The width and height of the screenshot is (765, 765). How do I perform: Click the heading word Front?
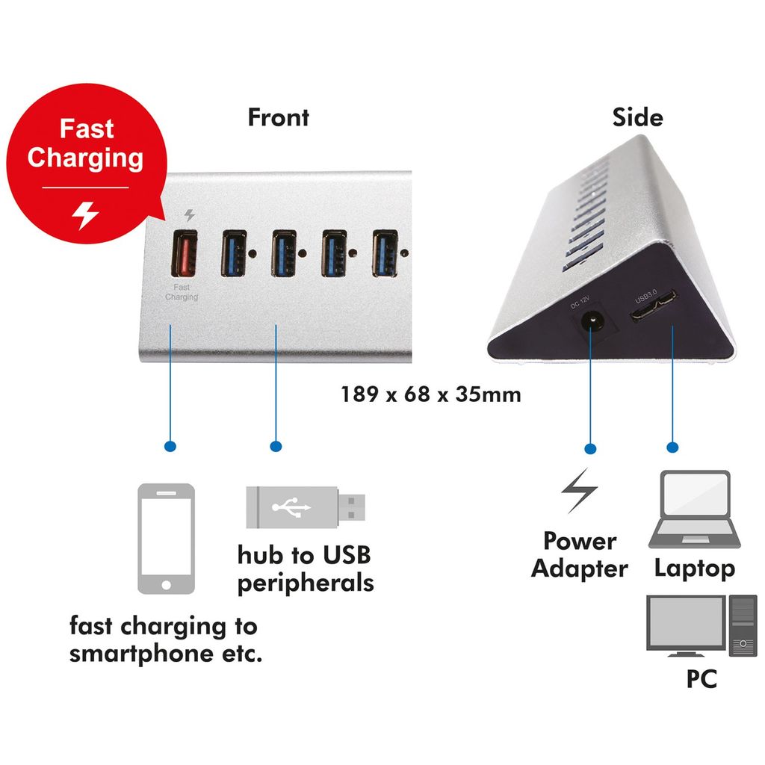pos(278,117)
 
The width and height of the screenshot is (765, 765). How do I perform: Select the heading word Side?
pos(637,117)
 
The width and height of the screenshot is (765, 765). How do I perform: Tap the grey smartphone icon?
pos(166,538)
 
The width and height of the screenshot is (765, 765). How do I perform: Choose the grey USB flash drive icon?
pos(306,507)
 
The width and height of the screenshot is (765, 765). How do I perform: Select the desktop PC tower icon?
pos(743,625)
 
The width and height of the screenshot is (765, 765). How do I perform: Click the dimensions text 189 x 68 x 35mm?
pos(431,394)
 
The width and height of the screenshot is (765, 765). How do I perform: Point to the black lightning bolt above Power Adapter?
pos(580,490)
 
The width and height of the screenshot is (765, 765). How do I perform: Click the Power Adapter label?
pos(580,555)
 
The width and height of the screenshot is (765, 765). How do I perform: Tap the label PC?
pos(701,679)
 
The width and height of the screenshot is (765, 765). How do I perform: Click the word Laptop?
pos(695,569)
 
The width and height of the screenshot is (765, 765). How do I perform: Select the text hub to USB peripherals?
pos(305,569)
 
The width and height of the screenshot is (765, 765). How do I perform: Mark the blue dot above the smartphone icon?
pos(170,447)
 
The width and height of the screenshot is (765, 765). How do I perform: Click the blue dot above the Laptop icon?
pos(672,447)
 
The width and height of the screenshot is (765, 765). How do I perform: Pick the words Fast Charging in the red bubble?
pos(85,143)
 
